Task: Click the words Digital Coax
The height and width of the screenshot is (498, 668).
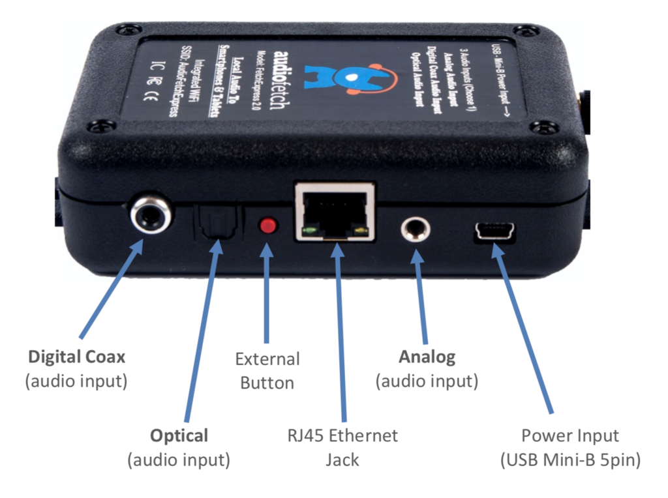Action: pyautogui.click(x=76, y=357)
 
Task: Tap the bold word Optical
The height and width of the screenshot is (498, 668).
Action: pyautogui.click(x=179, y=435)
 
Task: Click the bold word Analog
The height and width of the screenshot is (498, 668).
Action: pyautogui.click(x=427, y=357)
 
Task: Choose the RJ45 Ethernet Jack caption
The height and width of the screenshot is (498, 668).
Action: pyautogui.click(x=342, y=447)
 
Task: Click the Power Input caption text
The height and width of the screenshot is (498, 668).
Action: pyautogui.click(x=570, y=435)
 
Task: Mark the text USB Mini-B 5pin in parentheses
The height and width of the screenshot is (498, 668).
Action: pyautogui.click(x=570, y=460)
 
